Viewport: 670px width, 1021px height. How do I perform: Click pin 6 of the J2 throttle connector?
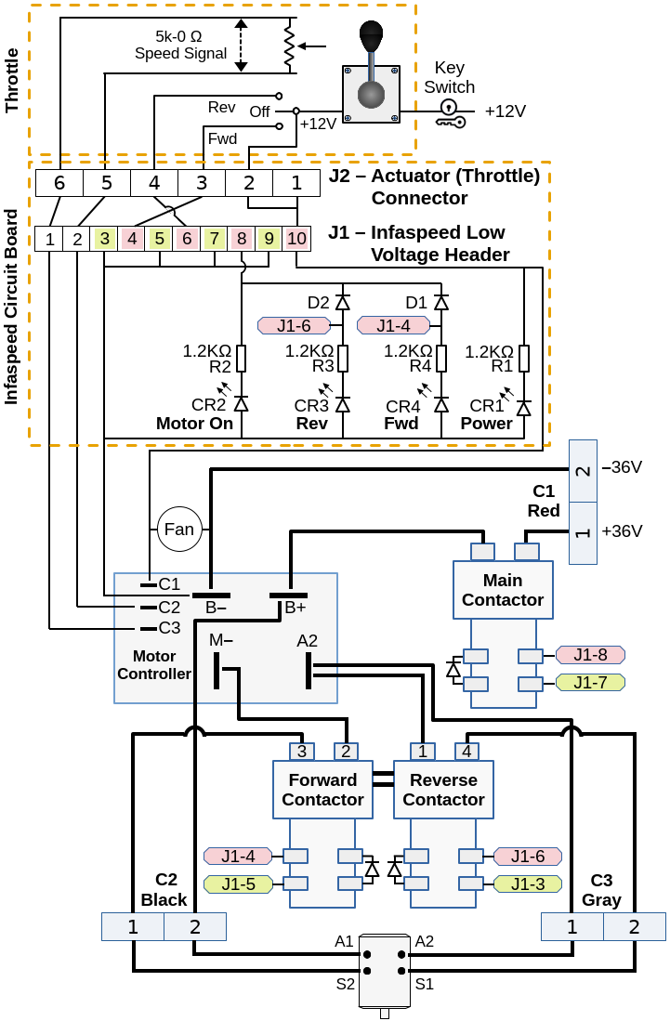coord(59,183)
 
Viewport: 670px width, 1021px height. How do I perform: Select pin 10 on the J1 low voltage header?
coord(296,239)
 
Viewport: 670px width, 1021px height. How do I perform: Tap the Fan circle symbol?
coord(179,530)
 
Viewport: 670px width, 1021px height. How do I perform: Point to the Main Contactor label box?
coord(502,590)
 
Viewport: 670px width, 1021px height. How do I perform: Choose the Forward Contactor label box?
coord(322,790)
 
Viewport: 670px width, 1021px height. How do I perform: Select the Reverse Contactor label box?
coord(443,790)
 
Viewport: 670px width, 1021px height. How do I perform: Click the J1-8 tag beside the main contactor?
coord(590,655)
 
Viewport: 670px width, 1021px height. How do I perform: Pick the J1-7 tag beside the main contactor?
coord(590,683)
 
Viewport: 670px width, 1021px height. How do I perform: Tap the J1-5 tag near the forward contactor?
coord(238,884)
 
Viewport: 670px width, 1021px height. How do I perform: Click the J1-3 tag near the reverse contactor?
coord(528,884)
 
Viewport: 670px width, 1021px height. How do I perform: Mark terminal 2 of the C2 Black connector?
coord(195,927)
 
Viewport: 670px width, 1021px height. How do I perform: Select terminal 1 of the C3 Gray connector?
coord(571,927)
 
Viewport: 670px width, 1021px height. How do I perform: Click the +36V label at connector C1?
coord(622,531)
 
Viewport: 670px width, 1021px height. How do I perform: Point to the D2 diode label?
coord(319,302)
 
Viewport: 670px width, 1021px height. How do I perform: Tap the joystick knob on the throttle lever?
coord(372,37)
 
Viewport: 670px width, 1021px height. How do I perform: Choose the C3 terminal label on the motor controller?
coord(169,628)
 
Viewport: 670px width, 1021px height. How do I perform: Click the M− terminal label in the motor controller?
coord(221,640)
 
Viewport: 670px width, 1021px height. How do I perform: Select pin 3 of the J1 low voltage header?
coord(105,239)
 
